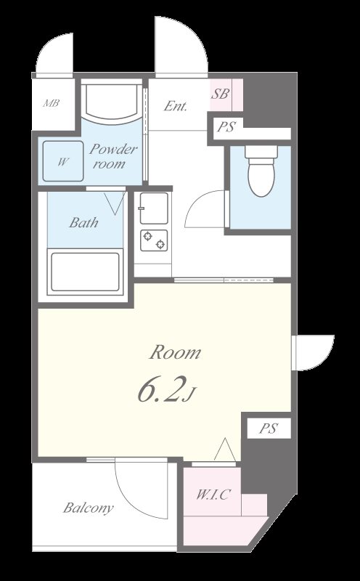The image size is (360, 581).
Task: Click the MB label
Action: [x=51, y=103]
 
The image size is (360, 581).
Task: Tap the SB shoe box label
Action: [x=220, y=94]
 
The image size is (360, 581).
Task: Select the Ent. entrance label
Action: [x=175, y=106]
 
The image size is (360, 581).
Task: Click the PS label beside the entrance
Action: [x=226, y=127]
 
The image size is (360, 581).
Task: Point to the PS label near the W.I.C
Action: [x=269, y=428]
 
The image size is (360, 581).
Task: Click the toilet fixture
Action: [x=261, y=171]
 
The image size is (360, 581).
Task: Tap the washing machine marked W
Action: [x=63, y=161]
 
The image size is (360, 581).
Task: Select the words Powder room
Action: [x=113, y=156]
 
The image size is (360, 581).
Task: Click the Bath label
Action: [x=83, y=222]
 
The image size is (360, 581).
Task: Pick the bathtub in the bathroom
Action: [x=85, y=272]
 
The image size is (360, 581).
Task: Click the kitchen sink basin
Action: [x=154, y=208]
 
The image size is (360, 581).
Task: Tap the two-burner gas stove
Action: [x=154, y=240]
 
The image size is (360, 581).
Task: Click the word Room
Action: [x=175, y=352]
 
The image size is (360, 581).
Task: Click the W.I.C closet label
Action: [x=213, y=495]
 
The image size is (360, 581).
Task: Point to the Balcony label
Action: [x=88, y=507]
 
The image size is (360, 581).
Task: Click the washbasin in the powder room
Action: [x=112, y=104]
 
